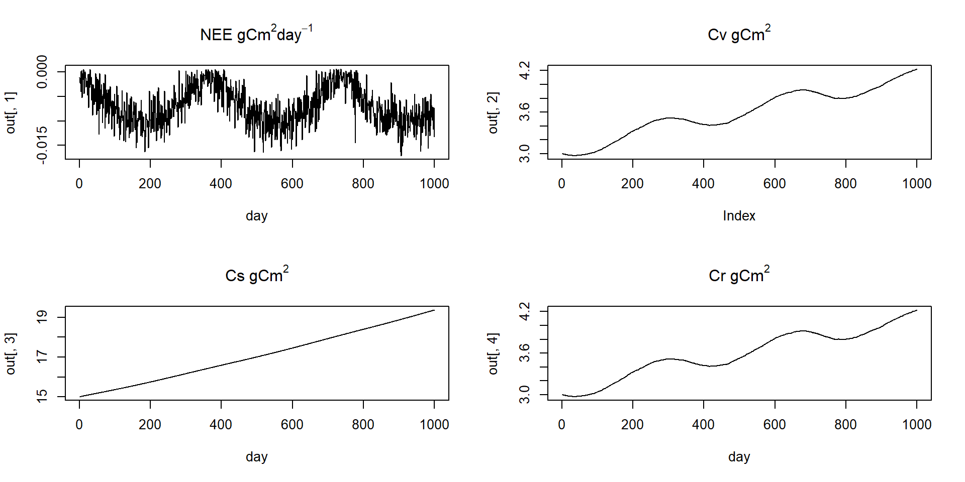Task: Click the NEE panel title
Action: tap(256, 34)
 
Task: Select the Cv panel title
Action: tap(739, 34)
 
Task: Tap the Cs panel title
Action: tap(256, 275)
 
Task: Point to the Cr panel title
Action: tap(739, 275)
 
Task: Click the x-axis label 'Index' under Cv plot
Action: tap(739, 216)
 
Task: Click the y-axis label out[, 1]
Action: tap(11, 112)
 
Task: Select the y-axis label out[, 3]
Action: tap(11, 353)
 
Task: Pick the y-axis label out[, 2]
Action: tap(493, 112)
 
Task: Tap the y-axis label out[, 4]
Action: tap(493, 353)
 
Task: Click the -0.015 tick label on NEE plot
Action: tap(42, 145)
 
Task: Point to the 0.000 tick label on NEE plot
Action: tap(42, 72)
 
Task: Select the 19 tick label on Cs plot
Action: tap(42, 317)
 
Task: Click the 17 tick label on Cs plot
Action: tap(42, 357)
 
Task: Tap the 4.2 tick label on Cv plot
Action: tap(525, 70)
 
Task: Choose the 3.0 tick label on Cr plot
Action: tap(525, 395)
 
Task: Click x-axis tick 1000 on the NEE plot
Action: tap(434, 184)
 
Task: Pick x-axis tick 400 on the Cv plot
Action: tap(703, 184)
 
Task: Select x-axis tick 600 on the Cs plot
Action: tap(292, 425)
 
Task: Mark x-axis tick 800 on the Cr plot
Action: tap(845, 425)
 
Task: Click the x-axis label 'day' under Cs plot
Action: tap(256, 457)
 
